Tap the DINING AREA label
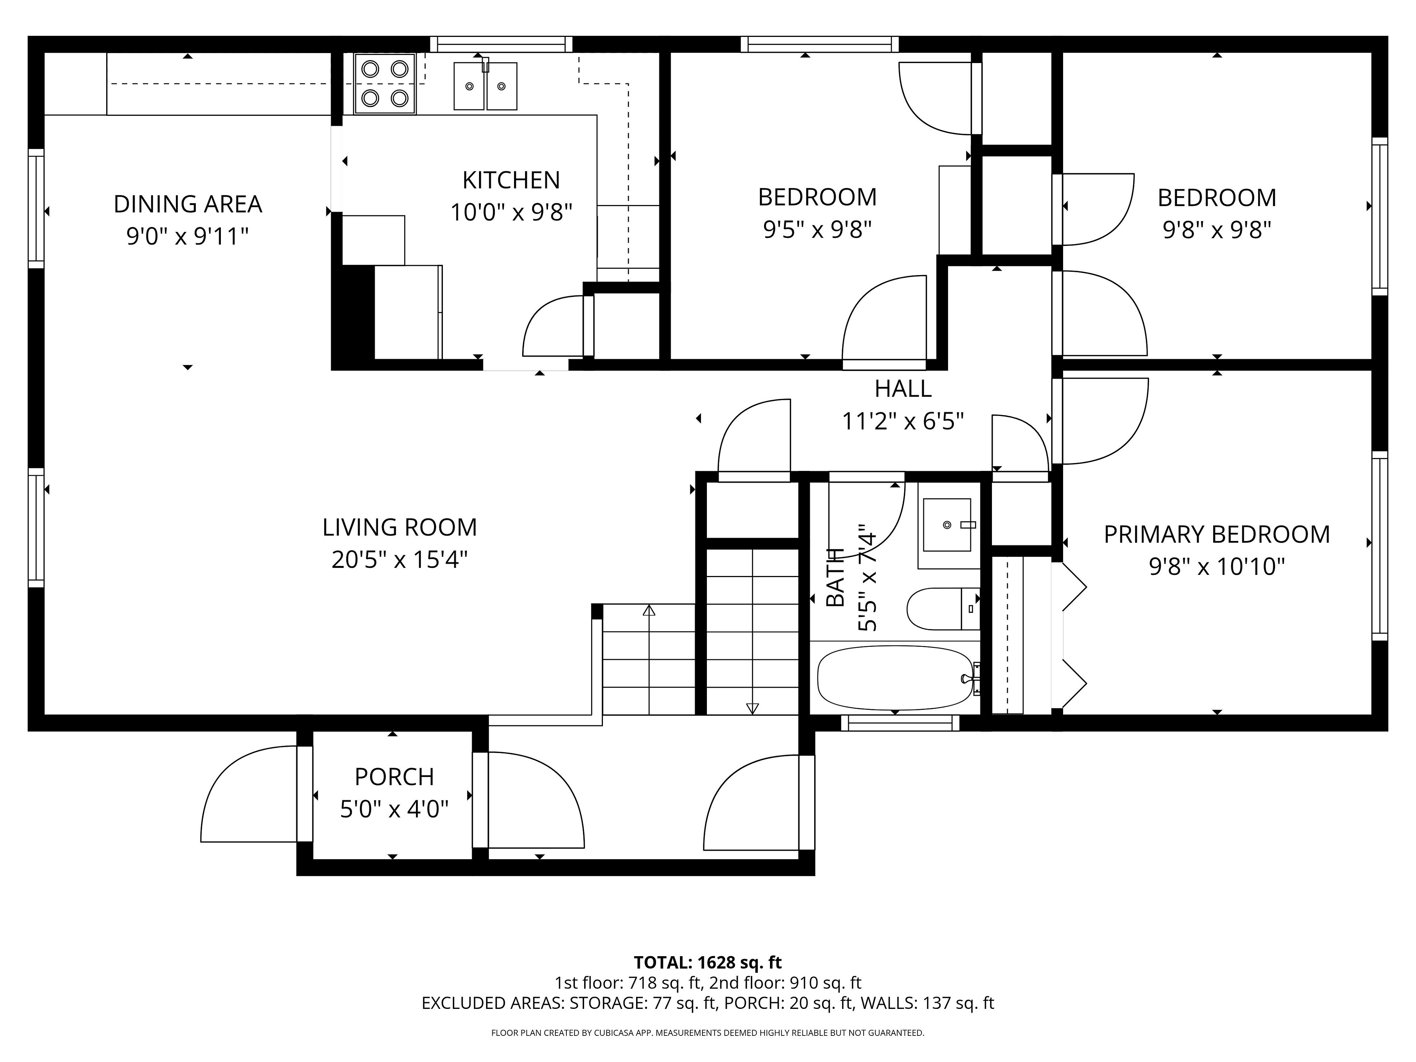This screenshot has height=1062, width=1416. coord(188,204)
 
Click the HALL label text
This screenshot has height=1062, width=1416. coord(903,389)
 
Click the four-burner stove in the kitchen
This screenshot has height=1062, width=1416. coord(385,84)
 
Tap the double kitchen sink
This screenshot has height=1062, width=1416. coord(485,86)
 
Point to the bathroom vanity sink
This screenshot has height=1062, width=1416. coord(947,525)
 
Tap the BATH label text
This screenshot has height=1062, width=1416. coord(835,577)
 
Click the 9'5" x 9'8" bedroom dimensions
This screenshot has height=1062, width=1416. coord(818,229)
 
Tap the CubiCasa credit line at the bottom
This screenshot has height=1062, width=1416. coord(707,1032)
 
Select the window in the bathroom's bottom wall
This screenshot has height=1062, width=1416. coord(900,723)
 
